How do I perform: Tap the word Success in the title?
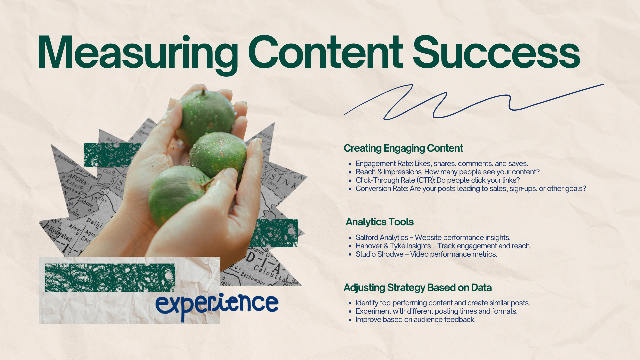(497, 53)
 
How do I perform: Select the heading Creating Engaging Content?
(403, 148)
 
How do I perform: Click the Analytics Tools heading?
(380, 222)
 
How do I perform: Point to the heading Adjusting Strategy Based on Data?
(418, 288)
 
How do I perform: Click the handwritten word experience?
(217, 304)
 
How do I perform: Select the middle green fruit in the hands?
(218, 155)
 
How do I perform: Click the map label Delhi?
(94, 222)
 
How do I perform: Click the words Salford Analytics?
(382, 238)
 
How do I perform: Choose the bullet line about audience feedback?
(416, 320)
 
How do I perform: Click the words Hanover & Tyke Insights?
(393, 246)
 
